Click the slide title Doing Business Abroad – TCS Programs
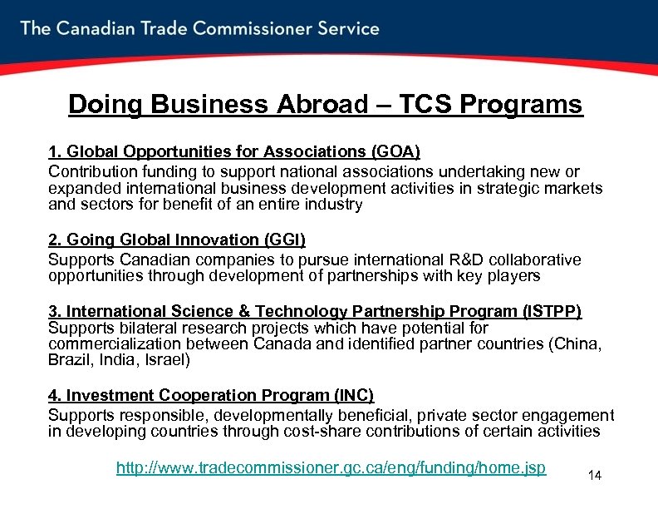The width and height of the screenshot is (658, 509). [326, 105]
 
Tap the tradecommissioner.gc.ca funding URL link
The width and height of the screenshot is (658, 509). [331, 467]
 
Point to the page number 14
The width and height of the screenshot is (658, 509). [594, 476]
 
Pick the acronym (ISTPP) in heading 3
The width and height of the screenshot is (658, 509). [552, 311]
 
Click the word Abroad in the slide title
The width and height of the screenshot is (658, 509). [303, 105]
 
